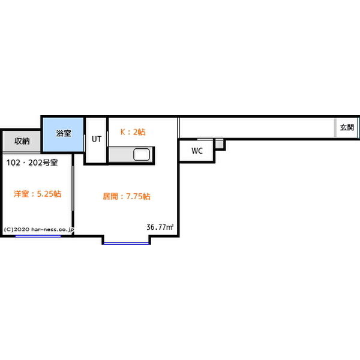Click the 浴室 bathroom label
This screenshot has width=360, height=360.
click(64, 133)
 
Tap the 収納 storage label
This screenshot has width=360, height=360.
click(22, 141)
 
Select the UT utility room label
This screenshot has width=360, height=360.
click(97, 139)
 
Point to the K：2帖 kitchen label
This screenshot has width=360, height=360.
click(133, 132)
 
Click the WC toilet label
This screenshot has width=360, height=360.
click(197, 151)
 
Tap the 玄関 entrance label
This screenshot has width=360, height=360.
click(347, 127)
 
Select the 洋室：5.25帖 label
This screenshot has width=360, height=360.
click(37, 194)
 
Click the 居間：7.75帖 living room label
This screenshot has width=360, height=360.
click(127, 197)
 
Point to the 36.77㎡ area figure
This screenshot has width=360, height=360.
click(160, 227)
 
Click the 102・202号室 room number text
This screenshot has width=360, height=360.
click(32, 163)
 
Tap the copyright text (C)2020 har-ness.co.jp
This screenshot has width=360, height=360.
click(39, 230)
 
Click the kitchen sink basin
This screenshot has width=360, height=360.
click(142, 154)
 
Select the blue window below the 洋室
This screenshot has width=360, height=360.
click(38, 236)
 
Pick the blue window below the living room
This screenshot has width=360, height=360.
click(126, 243)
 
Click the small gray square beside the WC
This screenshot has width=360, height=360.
click(219, 145)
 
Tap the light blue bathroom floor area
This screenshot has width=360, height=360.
click(64, 134)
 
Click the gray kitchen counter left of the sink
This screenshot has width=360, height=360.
click(121, 155)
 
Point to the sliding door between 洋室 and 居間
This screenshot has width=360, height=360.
click(73, 188)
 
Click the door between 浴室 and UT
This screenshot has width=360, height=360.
click(85, 143)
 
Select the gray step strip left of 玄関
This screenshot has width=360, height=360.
click(335, 128)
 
